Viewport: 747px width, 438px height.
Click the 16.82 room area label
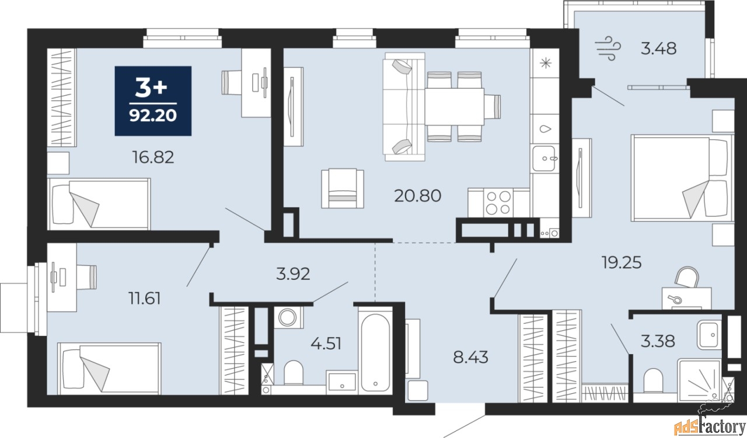coord(153,157)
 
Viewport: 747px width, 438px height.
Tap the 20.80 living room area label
coord(417,195)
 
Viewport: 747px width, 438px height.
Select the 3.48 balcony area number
coord(659,48)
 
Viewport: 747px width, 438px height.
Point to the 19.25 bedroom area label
coord(622,262)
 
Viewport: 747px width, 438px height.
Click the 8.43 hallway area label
coord(470,358)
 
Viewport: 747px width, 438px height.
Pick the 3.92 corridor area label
coord(293,274)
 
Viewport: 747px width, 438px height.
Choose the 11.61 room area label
coord(144,299)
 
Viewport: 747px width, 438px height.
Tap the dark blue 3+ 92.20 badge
coord(153,101)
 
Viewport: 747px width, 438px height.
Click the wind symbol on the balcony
coord(608,48)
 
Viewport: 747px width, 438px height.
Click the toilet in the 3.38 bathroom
coord(653,381)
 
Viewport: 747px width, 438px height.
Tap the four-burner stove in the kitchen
coord(498,202)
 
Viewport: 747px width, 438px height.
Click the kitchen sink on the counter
coord(544,158)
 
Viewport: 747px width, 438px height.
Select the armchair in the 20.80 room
coord(343,188)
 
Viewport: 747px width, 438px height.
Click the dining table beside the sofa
coord(454,107)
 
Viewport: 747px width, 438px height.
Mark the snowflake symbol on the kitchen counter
coord(546,63)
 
